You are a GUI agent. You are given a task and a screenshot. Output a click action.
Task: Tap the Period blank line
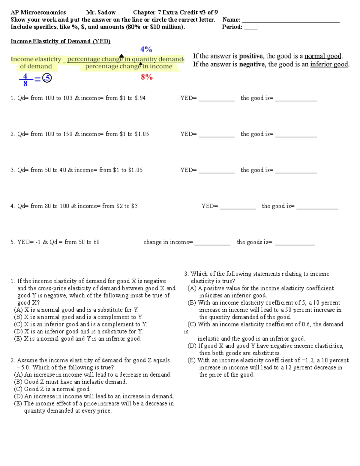(x=251, y=29)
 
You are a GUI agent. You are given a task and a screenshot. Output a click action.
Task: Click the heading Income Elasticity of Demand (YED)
(x=61, y=41)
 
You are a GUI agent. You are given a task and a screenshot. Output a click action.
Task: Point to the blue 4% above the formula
(x=146, y=49)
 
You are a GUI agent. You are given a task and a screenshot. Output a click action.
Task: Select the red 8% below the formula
(x=147, y=77)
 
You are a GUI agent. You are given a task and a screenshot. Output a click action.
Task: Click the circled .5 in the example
(x=47, y=78)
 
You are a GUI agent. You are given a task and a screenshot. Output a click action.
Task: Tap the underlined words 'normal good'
(x=323, y=56)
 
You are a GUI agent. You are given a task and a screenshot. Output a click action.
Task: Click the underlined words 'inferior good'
(x=329, y=64)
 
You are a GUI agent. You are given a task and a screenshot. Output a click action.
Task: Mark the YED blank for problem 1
(x=216, y=100)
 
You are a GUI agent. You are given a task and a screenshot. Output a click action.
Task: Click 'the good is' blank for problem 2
(x=296, y=136)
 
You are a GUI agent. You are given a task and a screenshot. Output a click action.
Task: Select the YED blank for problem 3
(x=216, y=172)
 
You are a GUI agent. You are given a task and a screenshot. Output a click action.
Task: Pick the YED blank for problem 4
(x=238, y=208)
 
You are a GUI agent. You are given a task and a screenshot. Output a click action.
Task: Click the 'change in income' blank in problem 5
(x=212, y=244)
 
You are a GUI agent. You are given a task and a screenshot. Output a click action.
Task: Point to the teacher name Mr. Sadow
(x=101, y=13)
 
